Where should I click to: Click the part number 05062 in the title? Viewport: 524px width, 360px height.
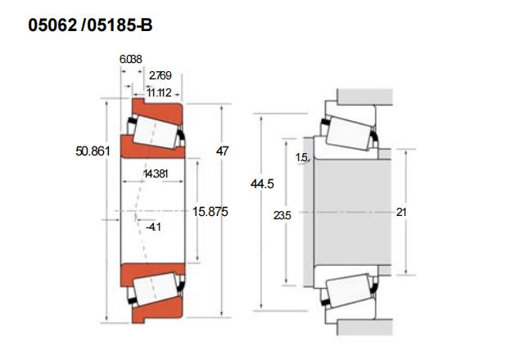pyautogui.click(x=52, y=25)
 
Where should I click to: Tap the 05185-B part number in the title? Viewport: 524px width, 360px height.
pyautogui.click(x=120, y=25)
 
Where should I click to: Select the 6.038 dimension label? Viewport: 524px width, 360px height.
pyautogui.click(x=131, y=59)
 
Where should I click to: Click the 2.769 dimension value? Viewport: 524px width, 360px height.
pyautogui.click(x=160, y=75)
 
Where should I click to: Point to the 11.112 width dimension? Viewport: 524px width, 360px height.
pyautogui.click(x=159, y=92)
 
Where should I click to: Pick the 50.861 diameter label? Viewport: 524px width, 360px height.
pyautogui.click(x=93, y=151)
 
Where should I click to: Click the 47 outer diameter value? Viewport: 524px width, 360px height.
pyautogui.click(x=222, y=151)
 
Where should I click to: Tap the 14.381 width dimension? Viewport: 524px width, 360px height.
pyautogui.click(x=156, y=173)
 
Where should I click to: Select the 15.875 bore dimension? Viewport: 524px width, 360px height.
pyautogui.click(x=210, y=212)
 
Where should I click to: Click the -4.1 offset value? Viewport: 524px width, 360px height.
pyautogui.click(x=154, y=227)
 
